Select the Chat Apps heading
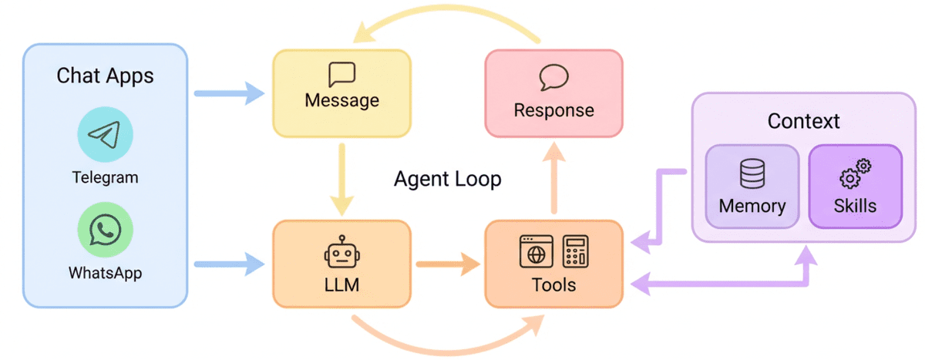click(x=105, y=76)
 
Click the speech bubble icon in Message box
click(x=341, y=75)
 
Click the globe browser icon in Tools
click(x=536, y=251)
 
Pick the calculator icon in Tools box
click(x=574, y=251)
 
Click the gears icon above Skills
click(x=855, y=173)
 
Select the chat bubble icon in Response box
click(x=553, y=78)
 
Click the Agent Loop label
click(x=448, y=180)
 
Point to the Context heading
click(x=803, y=122)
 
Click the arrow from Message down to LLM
click(x=341, y=177)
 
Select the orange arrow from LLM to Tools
click(x=447, y=266)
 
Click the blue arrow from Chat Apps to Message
click(x=228, y=94)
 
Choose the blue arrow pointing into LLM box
click(x=228, y=266)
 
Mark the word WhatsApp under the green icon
click(x=105, y=273)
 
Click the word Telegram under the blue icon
click(x=105, y=177)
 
